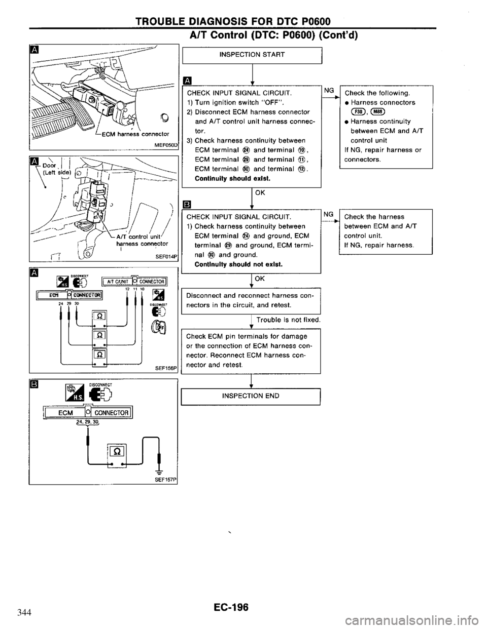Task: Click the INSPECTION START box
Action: [x=252, y=54]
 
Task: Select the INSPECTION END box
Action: [x=252, y=396]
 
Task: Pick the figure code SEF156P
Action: [x=166, y=369]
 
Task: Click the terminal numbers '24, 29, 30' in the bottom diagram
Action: [x=88, y=408]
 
